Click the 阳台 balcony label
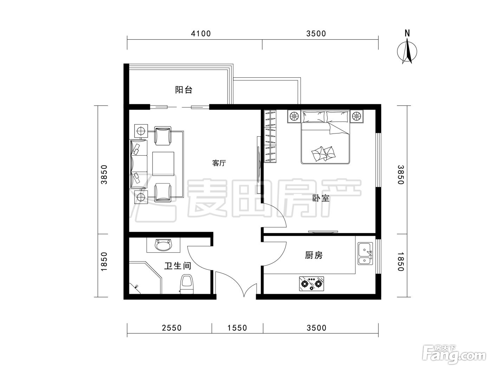tap(183, 90)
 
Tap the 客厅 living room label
tap(219, 163)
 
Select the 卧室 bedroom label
tap(321, 198)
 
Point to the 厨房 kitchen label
tap(314, 255)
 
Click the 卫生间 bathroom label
tap(178, 266)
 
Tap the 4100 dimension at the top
tap(201, 34)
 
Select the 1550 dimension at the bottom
tap(237, 328)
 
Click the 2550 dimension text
tap(172, 328)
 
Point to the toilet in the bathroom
tap(187, 284)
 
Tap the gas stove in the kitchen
tap(312, 284)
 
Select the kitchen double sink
tap(365, 253)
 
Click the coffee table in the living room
tap(163, 163)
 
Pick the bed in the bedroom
tap(325, 137)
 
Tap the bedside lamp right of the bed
tap(357, 116)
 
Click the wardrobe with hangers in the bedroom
tap(270, 136)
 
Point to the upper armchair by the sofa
tap(163, 136)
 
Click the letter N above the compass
tap(407, 33)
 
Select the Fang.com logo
tap(454, 356)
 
